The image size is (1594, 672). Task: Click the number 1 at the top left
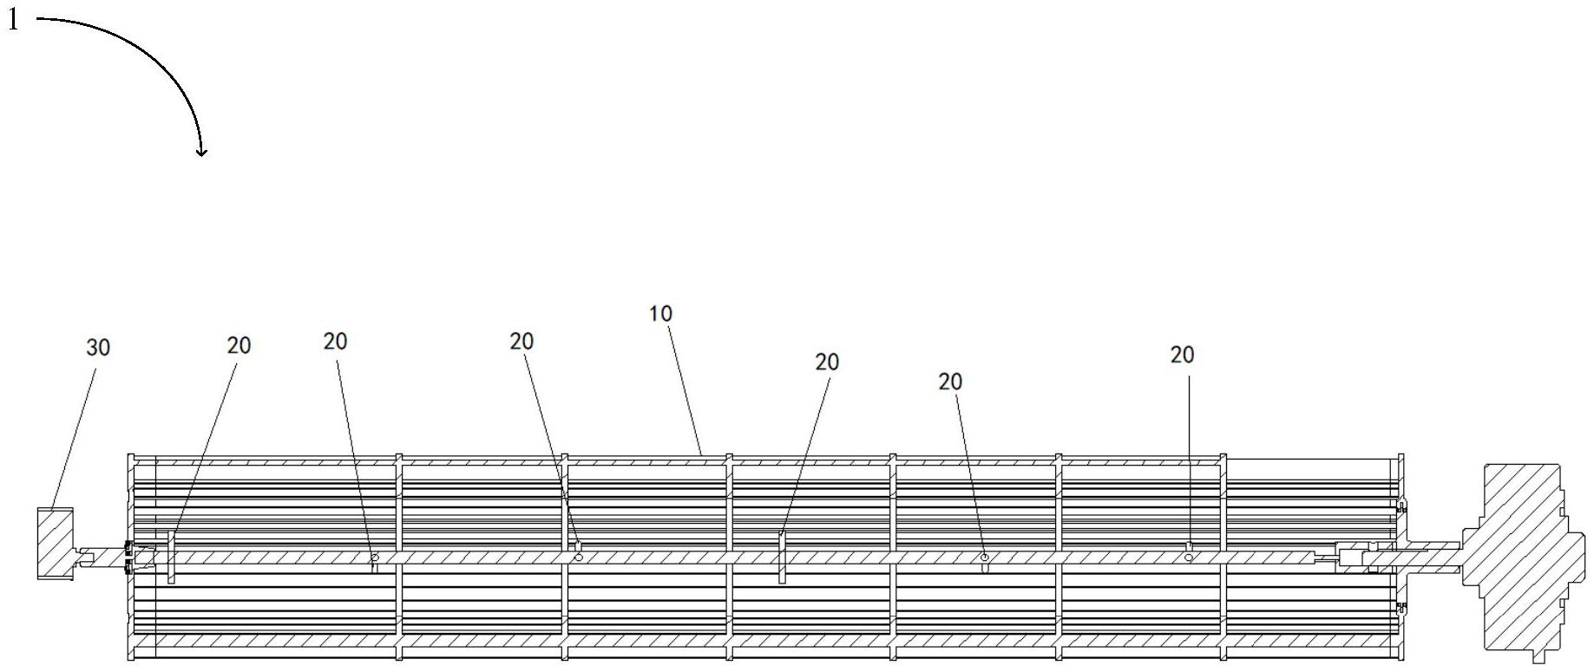12,20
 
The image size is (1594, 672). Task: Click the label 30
98,348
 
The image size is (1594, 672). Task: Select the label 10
660,314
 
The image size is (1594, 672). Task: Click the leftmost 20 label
239,346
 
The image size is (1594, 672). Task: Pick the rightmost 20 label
1182,355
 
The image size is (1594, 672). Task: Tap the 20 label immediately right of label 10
827,362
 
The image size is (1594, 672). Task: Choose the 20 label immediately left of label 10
521,342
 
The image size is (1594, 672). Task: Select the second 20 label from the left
335,342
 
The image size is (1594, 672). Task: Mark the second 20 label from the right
950,382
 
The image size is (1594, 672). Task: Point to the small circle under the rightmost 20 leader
1189,558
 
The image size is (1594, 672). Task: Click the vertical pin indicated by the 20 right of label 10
782,558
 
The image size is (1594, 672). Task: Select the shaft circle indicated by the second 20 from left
374,558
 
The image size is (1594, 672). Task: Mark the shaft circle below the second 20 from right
984,558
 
